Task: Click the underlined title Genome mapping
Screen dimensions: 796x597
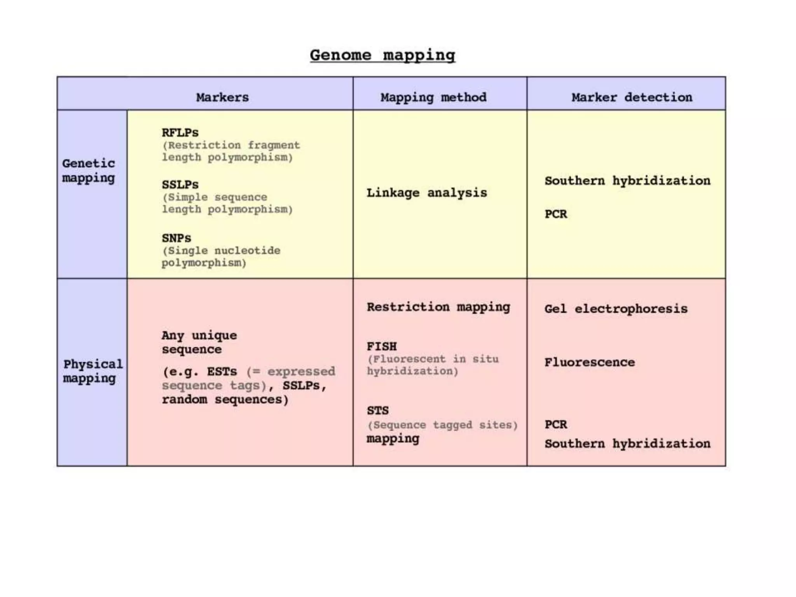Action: point(382,55)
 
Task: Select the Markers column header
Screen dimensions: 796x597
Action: point(222,97)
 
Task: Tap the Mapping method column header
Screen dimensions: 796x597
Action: point(433,97)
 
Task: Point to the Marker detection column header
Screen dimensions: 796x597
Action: point(632,97)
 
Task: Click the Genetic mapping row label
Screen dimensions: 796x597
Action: point(89,170)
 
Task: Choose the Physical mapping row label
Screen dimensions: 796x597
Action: point(93,371)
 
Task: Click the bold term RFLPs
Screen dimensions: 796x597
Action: point(180,133)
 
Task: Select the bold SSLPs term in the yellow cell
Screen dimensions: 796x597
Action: point(180,184)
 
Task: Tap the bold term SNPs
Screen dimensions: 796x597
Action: point(176,237)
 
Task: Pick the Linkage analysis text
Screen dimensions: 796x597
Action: point(426,192)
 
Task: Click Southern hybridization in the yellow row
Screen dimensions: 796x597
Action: point(627,180)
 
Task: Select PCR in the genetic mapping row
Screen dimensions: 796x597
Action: point(556,214)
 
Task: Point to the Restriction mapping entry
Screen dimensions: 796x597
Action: point(438,307)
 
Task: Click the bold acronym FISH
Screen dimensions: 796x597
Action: point(382,346)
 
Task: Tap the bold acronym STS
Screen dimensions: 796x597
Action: point(378,410)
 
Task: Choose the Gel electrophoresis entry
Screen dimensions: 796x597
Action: point(616,309)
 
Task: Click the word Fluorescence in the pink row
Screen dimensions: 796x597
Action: point(590,362)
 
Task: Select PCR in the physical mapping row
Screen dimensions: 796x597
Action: point(556,424)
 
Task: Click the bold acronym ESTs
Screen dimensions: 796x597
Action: point(222,371)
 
